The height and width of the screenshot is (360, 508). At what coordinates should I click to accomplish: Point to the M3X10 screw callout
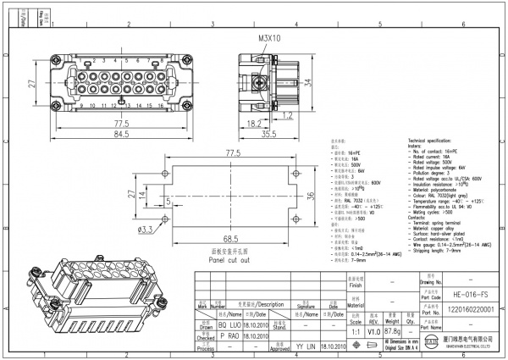click(x=269, y=39)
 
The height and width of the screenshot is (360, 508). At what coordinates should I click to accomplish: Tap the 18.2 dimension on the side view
click(x=252, y=123)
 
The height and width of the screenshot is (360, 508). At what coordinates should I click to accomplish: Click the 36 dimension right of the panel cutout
click(x=312, y=195)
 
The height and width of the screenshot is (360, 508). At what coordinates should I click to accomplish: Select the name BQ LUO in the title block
click(x=229, y=324)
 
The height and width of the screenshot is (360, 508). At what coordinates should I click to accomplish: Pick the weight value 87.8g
click(x=391, y=332)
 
